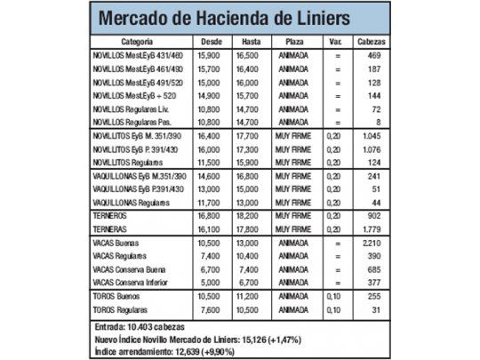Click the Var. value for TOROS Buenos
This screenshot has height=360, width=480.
(335, 296)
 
